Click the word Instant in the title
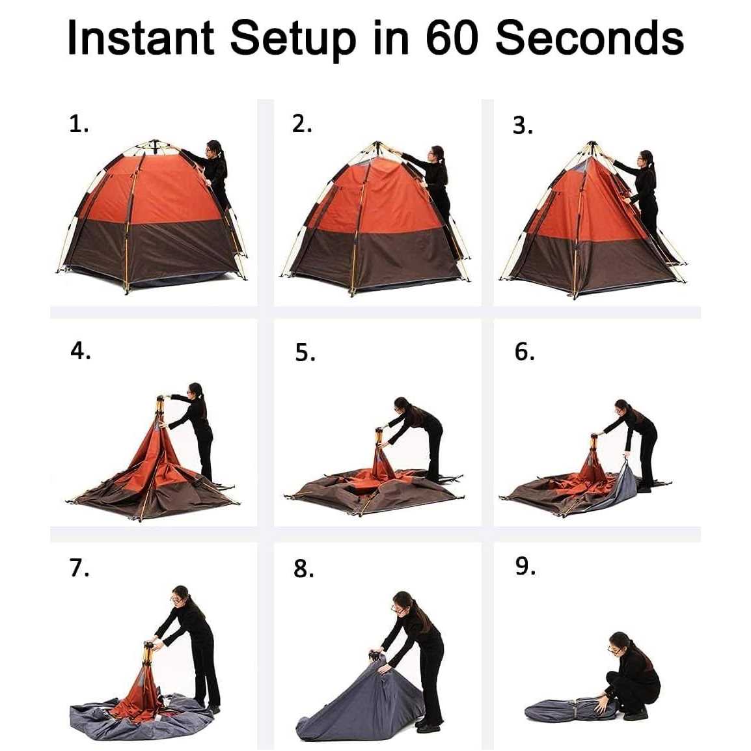click(140, 38)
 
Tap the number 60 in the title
click(453, 38)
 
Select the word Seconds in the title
click(589, 38)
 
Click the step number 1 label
click(79, 123)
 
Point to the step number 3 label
click(522, 125)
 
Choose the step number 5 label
click(305, 353)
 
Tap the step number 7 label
click(79, 568)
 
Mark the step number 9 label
click(525, 566)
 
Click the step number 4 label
click(80, 351)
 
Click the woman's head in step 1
click(213, 148)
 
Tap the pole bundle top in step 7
click(149, 646)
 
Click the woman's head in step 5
click(402, 405)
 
